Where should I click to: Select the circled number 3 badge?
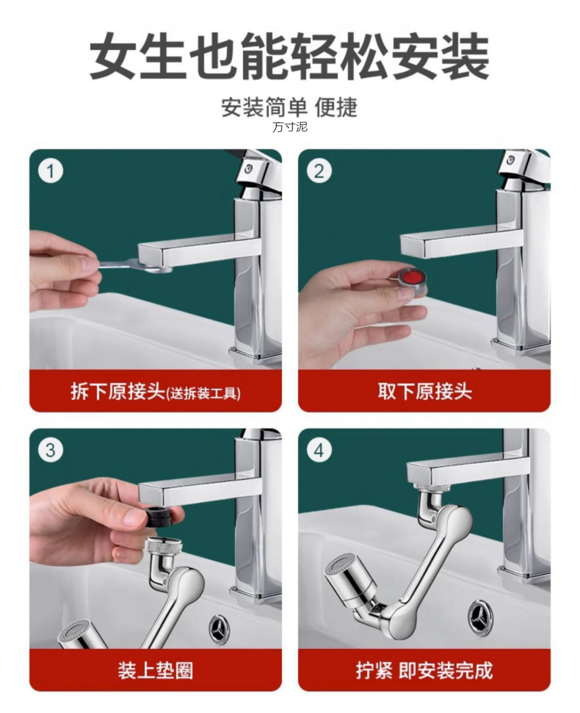(x=50, y=450)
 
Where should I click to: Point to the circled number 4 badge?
(x=319, y=450)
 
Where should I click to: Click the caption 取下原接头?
(x=425, y=391)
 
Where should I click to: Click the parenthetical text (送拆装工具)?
(x=203, y=393)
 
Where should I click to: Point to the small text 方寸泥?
(x=289, y=127)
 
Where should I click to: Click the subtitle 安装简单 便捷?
(x=289, y=107)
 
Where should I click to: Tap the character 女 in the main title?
(x=113, y=56)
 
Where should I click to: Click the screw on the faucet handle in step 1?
(x=248, y=169)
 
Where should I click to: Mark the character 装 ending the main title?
(x=465, y=56)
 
